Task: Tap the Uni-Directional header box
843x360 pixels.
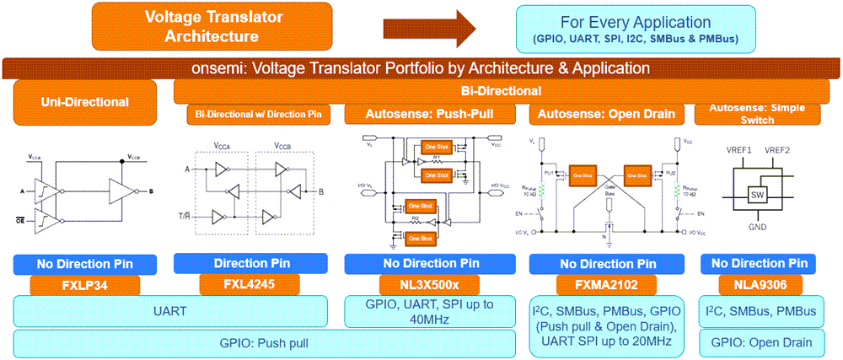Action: click(x=84, y=103)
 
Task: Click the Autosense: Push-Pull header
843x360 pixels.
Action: click(x=430, y=113)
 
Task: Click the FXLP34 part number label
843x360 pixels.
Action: click(x=84, y=285)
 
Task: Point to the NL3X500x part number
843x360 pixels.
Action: click(x=429, y=285)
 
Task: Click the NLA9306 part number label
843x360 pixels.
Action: click(x=762, y=285)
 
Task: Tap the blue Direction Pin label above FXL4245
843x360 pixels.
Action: click(x=250, y=263)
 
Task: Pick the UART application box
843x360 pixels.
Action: click(x=170, y=312)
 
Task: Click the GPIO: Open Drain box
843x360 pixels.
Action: click(x=762, y=341)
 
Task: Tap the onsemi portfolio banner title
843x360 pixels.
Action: click(x=421, y=68)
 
